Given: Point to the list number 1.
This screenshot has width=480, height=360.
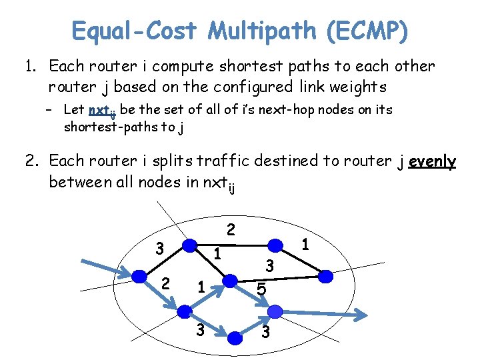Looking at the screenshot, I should pos(30,67).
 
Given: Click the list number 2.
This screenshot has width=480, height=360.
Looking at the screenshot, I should pos(31,161).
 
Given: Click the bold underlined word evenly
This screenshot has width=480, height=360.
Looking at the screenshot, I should pos(433,161).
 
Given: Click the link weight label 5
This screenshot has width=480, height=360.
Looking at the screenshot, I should pos(261,290).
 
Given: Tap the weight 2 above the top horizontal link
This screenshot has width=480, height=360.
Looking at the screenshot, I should pos(231,230).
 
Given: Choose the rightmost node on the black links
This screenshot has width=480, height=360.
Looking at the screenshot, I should pos(326,275).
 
